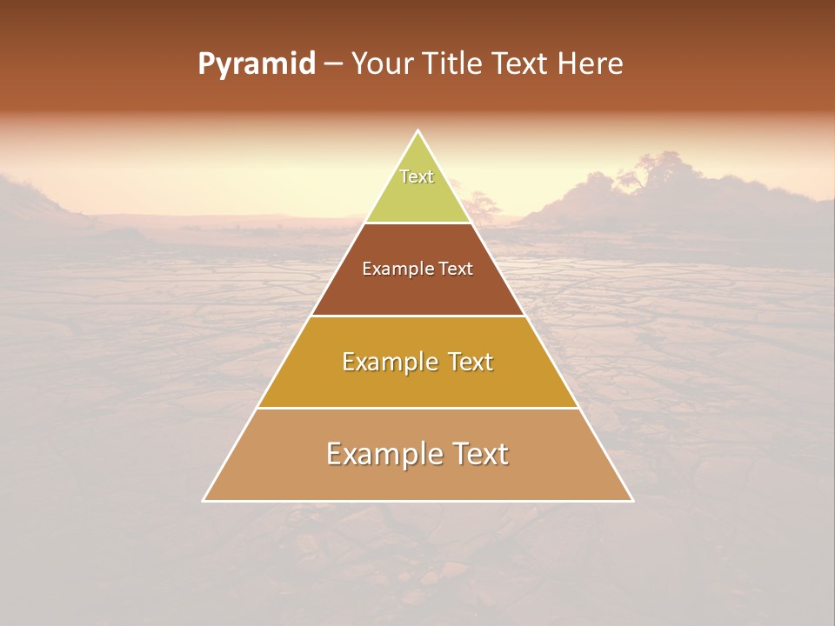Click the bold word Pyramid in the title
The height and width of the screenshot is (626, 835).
pyautogui.click(x=256, y=64)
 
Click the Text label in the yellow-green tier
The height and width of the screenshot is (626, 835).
pyautogui.click(x=417, y=176)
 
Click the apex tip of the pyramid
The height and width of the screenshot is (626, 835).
pyautogui.click(x=418, y=131)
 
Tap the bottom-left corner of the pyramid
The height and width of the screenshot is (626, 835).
pyautogui.click(x=204, y=500)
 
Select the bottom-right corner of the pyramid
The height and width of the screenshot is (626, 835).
pyautogui.click(x=631, y=500)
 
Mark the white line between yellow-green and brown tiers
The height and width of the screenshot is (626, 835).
pyautogui.click(x=418, y=223)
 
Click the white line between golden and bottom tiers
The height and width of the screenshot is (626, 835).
pyautogui.click(x=418, y=408)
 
